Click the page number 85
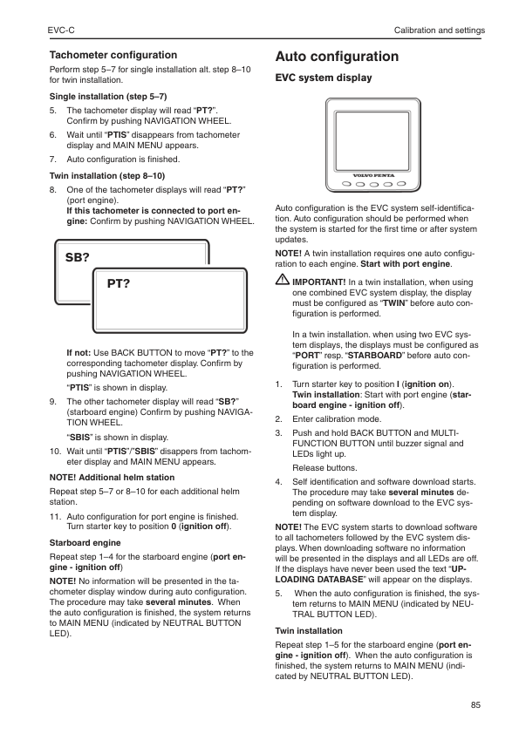[475, 704]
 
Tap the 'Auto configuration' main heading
[337, 57]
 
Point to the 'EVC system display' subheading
[323, 78]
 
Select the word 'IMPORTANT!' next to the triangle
[318, 282]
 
